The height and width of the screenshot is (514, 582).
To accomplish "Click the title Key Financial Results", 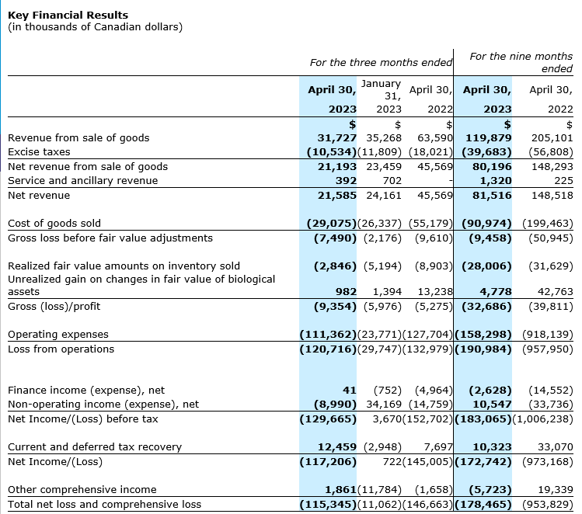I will (68, 15).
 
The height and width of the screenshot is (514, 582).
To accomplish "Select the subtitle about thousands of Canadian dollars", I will (95, 27).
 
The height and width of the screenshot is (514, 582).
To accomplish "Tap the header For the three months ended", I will (381, 62).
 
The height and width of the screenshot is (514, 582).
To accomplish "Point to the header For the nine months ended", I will (521, 62).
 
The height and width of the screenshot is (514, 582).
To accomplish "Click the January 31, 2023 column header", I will (381, 96).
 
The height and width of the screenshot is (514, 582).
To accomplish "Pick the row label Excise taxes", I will (39, 152).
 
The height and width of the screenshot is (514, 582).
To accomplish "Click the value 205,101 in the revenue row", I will (552, 137).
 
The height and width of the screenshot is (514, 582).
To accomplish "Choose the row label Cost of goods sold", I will (54, 224).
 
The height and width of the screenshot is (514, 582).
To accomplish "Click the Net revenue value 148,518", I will (552, 196).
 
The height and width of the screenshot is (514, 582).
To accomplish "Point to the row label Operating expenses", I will (58, 335).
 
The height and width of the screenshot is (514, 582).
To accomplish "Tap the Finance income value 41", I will (348, 391).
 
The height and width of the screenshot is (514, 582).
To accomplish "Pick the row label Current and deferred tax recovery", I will (94, 447).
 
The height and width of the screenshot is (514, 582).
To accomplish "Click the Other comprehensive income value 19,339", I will (556, 490).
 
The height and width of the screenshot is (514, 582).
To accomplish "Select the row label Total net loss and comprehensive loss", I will (104, 505).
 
